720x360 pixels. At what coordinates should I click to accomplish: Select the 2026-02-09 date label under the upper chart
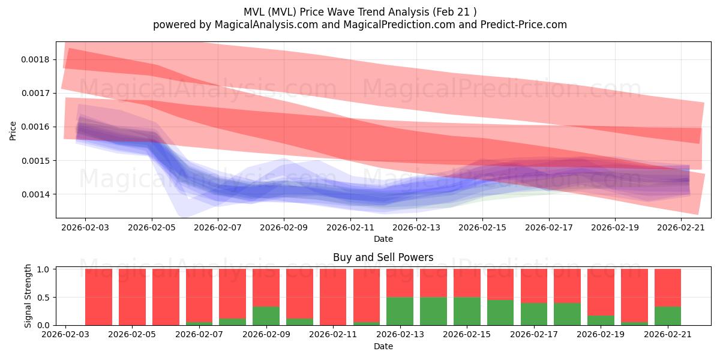coord(284,227)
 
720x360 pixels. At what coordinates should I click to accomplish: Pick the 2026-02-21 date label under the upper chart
coord(681,227)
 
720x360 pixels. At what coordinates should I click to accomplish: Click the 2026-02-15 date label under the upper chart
coord(482,227)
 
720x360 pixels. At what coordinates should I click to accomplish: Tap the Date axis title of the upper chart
coord(383,239)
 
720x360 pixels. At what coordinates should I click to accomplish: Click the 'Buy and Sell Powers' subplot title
coord(383,257)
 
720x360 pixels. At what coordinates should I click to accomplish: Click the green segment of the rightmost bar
coord(667,316)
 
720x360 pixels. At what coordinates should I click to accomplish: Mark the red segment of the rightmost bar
coord(667,288)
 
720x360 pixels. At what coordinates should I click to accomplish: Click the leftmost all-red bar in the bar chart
coord(98,297)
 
